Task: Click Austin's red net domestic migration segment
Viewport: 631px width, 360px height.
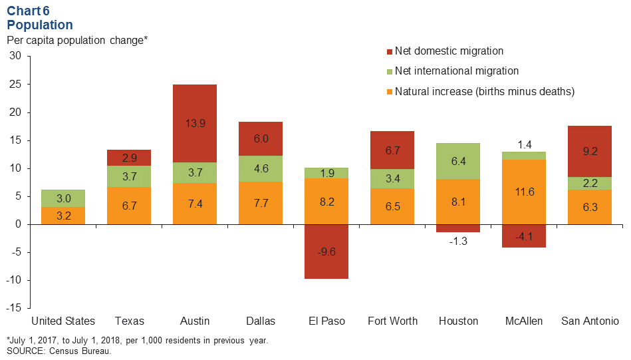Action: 194,123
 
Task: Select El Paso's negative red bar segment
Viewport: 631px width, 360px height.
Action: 326,251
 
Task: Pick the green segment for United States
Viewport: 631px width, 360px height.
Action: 63,198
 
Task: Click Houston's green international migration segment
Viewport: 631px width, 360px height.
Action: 457,161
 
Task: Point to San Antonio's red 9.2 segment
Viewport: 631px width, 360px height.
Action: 588,151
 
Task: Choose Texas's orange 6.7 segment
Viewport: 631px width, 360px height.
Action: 128,206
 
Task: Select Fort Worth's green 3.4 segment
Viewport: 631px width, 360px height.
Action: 392,178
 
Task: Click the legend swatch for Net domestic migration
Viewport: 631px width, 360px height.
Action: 389,51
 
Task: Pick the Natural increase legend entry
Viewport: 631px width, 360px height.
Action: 484,91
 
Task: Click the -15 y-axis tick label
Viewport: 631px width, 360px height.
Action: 14,308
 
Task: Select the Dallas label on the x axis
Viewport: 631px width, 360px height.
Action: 260,321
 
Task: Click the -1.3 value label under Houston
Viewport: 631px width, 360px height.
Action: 457,241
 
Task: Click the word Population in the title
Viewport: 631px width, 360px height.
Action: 40,25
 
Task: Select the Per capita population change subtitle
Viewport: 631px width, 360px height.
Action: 76,40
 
